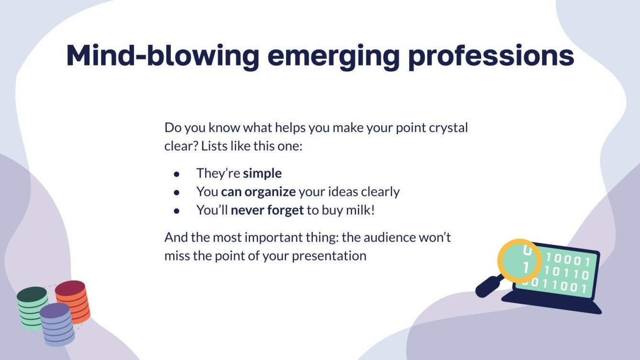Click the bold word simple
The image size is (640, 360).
262,174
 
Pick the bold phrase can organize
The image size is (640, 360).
258,192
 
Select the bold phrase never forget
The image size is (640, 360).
267,210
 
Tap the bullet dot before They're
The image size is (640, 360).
177,174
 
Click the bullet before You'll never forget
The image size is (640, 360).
177,211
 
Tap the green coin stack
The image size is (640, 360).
32,308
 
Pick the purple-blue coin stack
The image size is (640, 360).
57,324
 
